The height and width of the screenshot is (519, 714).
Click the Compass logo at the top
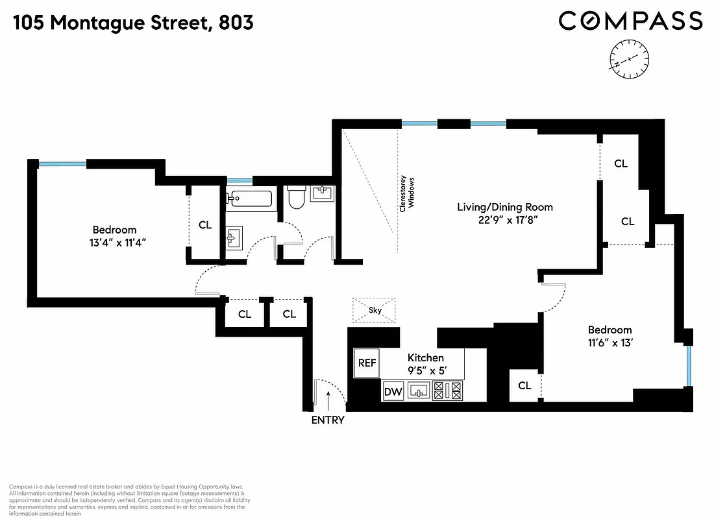tap(630, 21)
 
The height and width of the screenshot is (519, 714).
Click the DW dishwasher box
tap(393, 391)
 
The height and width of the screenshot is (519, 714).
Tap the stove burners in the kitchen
tap(447, 391)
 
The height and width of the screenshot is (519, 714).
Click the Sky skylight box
tap(375, 310)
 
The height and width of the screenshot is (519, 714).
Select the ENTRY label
tap(328, 420)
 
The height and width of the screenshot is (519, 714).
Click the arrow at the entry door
tap(328, 397)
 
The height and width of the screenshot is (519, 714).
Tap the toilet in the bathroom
tap(296, 197)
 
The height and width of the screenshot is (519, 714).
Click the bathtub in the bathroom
tap(250, 198)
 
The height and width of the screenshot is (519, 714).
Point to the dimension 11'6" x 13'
tap(609, 343)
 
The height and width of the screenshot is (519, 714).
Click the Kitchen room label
tap(425, 357)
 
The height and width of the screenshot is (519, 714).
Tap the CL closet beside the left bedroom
tap(205, 225)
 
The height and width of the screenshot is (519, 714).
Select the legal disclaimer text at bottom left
tap(127, 500)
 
